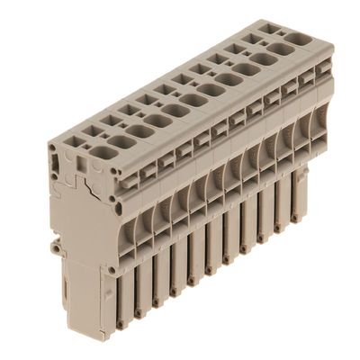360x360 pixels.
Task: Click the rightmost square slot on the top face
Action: [x=273, y=28]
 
